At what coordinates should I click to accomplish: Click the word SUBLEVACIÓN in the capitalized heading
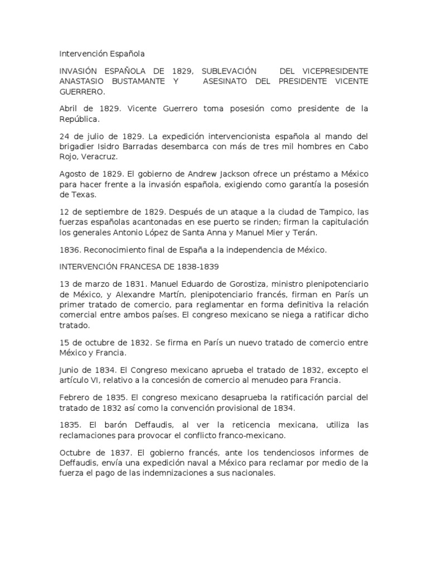[229, 71]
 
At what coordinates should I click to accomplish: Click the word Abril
[69, 109]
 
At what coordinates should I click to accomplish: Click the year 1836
[70, 250]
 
